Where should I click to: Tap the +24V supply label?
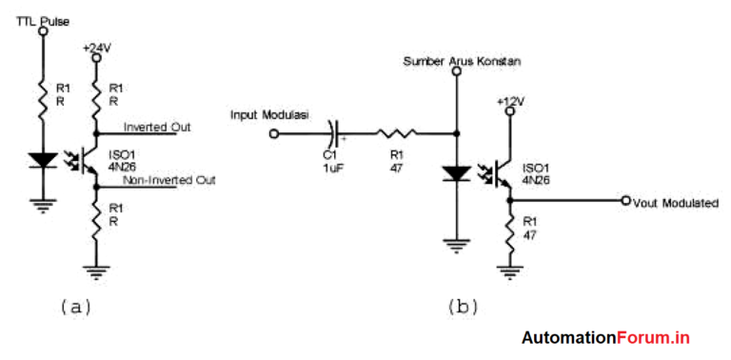coord(97,46)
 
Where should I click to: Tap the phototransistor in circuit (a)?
coord(89,158)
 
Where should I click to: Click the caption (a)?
coord(77,307)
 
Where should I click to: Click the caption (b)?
coord(463,307)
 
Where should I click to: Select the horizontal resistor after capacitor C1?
coord(393,133)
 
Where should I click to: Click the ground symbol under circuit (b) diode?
coord(457,246)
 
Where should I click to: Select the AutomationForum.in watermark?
coord(605,338)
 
